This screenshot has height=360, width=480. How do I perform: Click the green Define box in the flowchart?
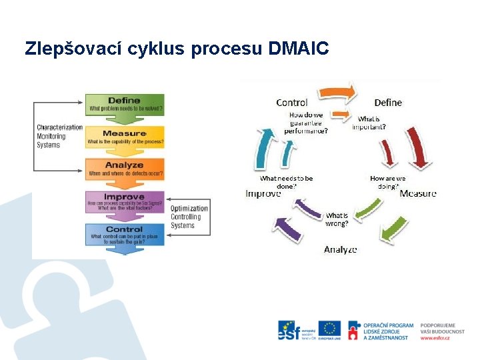(x=125, y=104)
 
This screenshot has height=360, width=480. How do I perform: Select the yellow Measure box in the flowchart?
(x=125, y=136)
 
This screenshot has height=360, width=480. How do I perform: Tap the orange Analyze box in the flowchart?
(x=125, y=169)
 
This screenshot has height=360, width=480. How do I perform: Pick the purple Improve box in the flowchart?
(x=125, y=201)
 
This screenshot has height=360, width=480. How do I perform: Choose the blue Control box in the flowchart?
(x=125, y=234)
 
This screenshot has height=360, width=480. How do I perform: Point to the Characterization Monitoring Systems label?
(x=59, y=136)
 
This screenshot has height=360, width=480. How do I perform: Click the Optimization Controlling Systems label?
(x=189, y=217)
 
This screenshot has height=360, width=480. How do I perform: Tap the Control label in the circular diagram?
(x=291, y=103)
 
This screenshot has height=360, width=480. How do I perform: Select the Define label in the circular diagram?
(x=388, y=103)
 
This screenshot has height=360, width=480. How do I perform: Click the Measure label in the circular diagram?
(x=418, y=194)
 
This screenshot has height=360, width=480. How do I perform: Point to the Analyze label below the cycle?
(x=341, y=250)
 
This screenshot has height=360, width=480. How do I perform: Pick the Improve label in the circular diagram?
(x=263, y=194)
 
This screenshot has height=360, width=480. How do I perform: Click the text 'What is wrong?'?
(x=336, y=219)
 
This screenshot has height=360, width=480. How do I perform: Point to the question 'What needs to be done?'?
(x=286, y=182)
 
